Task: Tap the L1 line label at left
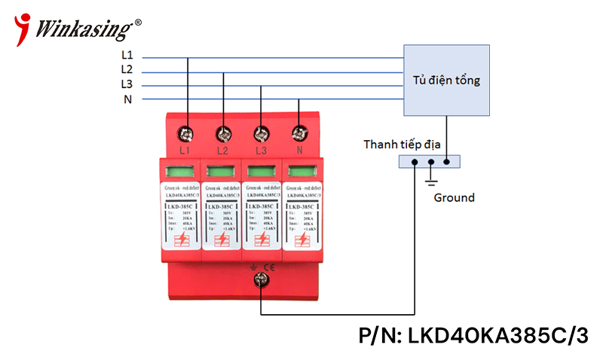127,55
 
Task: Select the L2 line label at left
127,69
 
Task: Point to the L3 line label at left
127,84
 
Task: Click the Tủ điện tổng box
447,80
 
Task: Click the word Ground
455,198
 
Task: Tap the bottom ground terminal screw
261,281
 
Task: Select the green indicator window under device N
299,170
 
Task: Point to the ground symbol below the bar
430,182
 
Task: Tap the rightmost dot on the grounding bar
448,161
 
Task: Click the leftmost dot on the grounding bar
415,161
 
